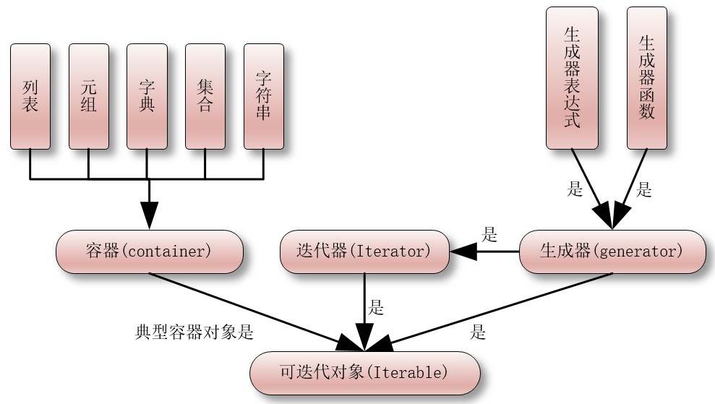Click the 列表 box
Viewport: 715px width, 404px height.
[30, 96]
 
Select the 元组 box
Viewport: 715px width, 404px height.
[88, 96]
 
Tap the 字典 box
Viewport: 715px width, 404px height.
[147, 96]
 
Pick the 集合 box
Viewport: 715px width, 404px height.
[205, 96]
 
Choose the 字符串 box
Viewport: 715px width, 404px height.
[264, 96]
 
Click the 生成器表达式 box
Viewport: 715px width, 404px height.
[572, 78]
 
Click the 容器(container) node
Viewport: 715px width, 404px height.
[149, 252]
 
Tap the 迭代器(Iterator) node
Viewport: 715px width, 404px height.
[364, 252]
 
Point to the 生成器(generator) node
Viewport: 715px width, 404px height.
[612, 252]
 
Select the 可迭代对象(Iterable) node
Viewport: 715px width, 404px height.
[364, 373]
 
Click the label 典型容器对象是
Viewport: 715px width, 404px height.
[194, 332]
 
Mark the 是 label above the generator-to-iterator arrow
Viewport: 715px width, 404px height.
[489, 234]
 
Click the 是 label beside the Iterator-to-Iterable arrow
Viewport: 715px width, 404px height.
[376, 307]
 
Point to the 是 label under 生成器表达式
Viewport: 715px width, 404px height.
[575, 190]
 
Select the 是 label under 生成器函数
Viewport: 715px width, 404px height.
[644, 190]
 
